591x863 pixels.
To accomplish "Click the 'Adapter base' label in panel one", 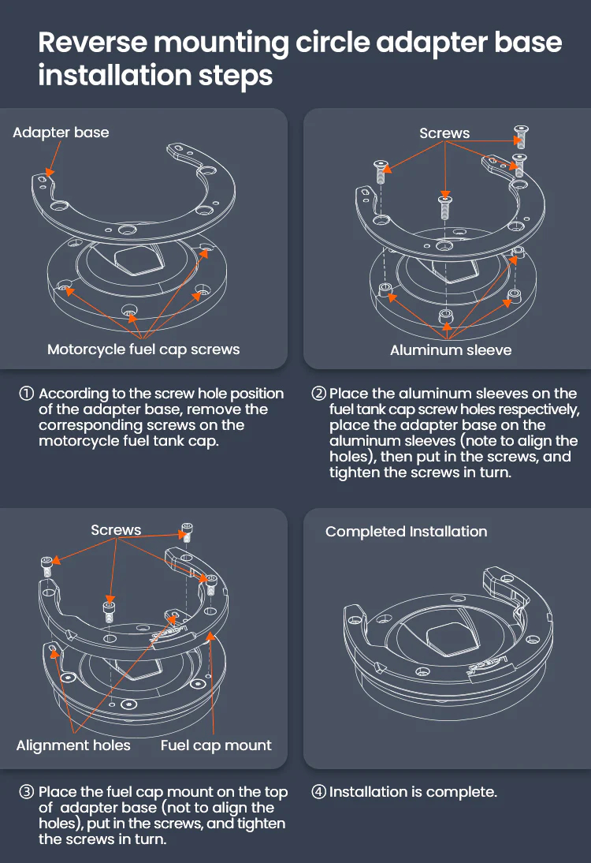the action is pyautogui.click(x=61, y=133).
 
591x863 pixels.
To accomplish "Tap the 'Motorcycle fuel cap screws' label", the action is pyautogui.click(x=143, y=349).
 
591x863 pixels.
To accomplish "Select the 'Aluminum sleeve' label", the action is pyautogui.click(x=451, y=350).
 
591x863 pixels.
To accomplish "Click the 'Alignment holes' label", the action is pyautogui.click(x=73, y=745).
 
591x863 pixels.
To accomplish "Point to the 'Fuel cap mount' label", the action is pyautogui.click(x=216, y=745).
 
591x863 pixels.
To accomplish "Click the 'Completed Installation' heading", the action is pyautogui.click(x=407, y=532).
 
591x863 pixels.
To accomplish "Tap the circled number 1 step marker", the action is pyautogui.click(x=26, y=394).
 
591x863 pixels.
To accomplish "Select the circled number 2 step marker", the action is pyautogui.click(x=319, y=394).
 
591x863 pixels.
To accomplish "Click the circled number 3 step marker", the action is pyautogui.click(x=26, y=792).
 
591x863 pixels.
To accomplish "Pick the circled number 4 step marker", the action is pyautogui.click(x=319, y=792).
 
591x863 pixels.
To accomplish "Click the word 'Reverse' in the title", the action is pyautogui.click(x=94, y=43).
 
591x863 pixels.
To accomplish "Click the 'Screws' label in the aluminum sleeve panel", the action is pyautogui.click(x=444, y=133).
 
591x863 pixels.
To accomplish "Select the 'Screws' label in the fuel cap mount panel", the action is pyautogui.click(x=116, y=530).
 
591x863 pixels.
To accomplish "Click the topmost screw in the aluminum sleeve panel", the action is pyautogui.click(x=520, y=136).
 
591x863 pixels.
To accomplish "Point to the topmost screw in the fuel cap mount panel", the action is pyautogui.click(x=187, y=532).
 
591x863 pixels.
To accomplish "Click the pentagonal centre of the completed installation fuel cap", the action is pyautogui.click(x=449, y=639).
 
